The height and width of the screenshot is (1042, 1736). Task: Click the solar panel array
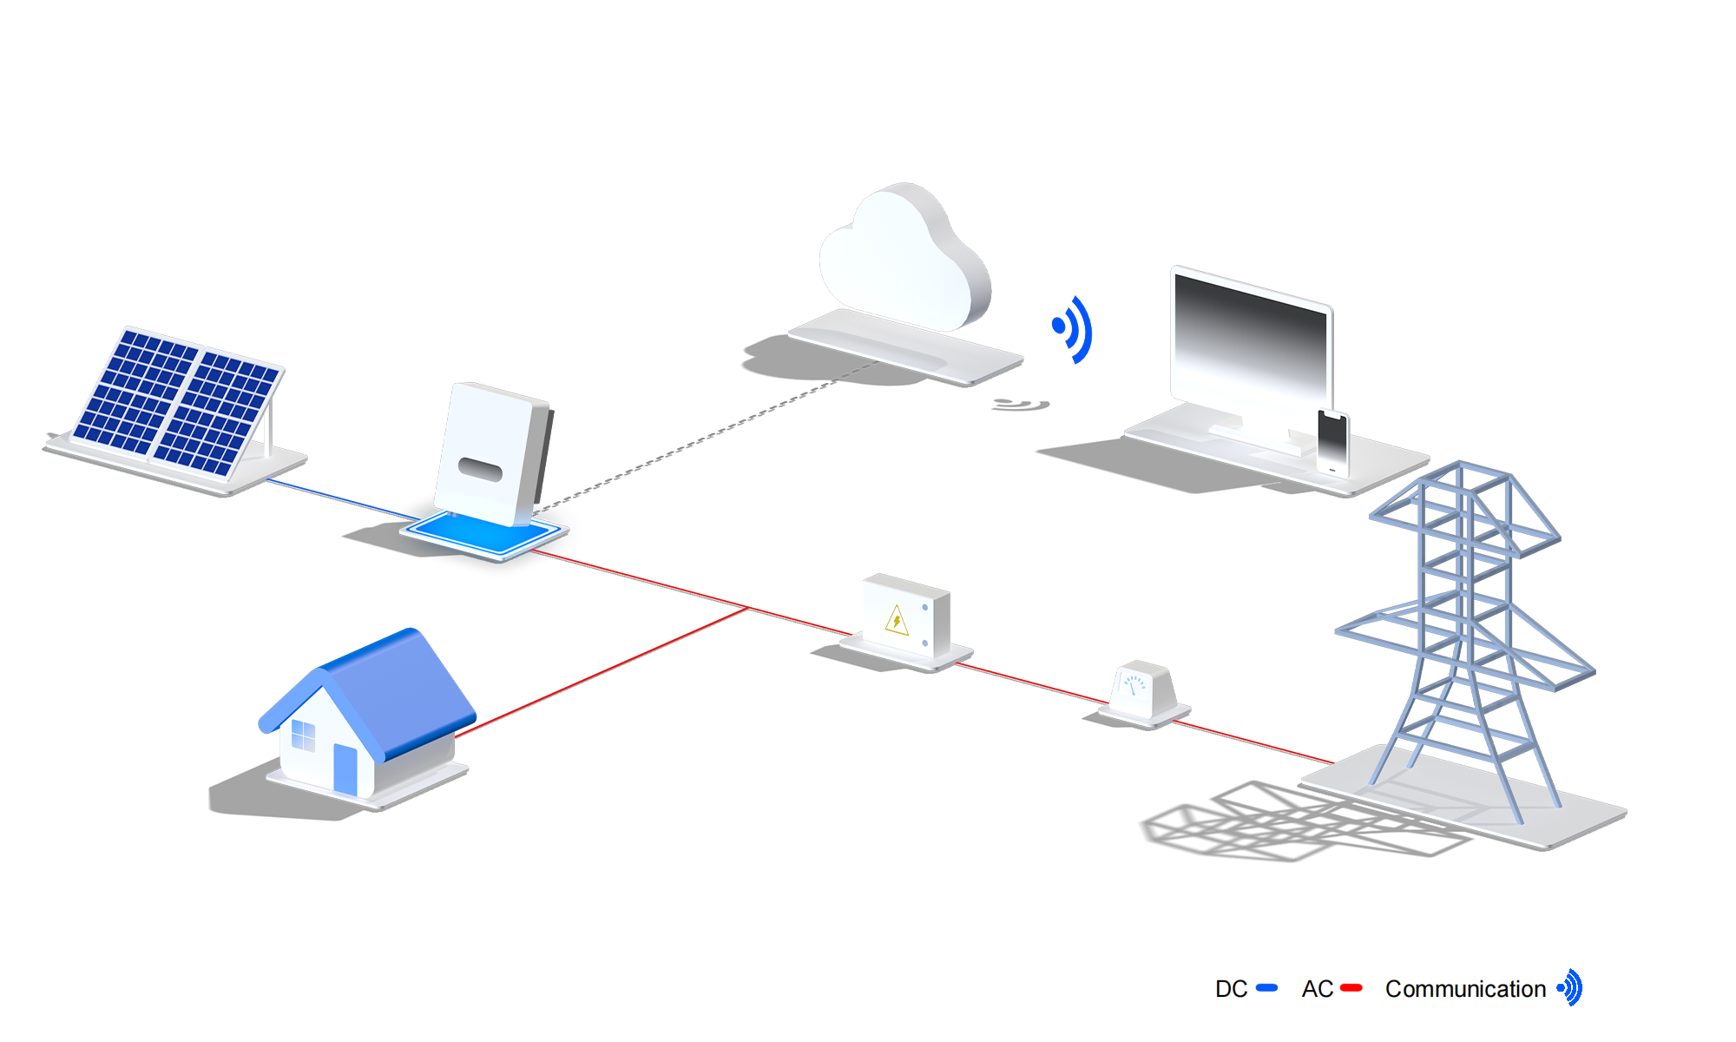coord(178,402)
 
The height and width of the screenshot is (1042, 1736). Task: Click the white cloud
coord(903,260)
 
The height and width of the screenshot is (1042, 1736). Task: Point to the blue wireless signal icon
coord(1071,327)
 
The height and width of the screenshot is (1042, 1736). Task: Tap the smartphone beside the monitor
coord(1332,442)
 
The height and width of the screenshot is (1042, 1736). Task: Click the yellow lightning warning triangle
coord(897,621)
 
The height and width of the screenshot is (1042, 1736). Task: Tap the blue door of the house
coord(345,768)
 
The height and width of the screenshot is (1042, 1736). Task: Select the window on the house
coord(303,735)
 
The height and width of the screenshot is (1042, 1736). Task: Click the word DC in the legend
coord(1231,989)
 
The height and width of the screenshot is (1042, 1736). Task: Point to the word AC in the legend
coord(1317,989)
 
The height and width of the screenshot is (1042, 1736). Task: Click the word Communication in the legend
coord(1465,989)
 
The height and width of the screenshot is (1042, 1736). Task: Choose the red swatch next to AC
coord(1352,988)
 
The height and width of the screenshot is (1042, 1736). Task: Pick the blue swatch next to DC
coord(1267,988)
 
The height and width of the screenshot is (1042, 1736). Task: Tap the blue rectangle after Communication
coord(1568,987)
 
